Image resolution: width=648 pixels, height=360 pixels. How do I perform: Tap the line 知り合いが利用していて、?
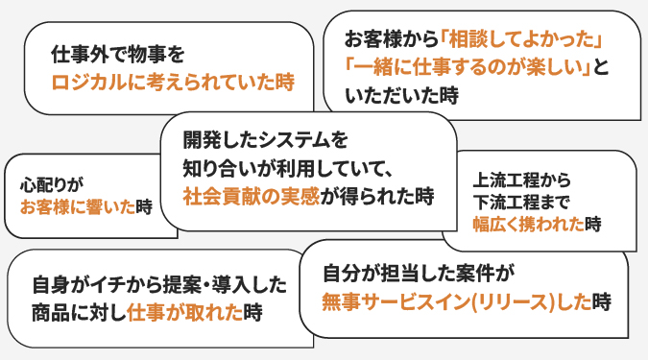(284, 167)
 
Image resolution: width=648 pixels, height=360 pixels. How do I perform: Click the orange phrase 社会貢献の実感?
(251, 196)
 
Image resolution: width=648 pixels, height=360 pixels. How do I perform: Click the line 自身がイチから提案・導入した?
(158, 285)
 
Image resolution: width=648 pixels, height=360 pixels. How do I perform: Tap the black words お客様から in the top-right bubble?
(391, 39)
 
